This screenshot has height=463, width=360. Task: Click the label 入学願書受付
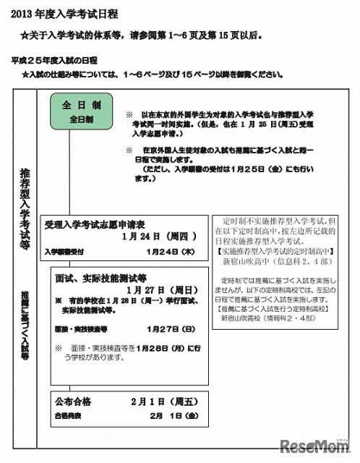68,252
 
